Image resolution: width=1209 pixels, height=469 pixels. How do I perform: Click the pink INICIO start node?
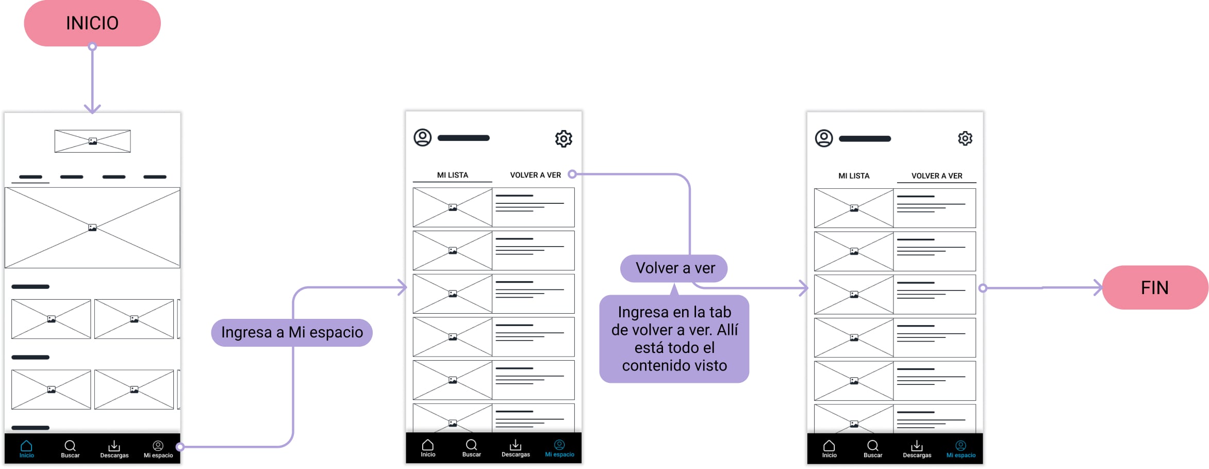[x=92, y=23]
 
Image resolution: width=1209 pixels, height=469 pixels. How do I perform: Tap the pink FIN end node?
[x=1154, y=287]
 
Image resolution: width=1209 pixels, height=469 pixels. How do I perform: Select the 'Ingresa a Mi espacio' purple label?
[x=292, y=332]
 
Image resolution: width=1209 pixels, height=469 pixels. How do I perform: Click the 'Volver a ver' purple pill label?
[x=675, y=268]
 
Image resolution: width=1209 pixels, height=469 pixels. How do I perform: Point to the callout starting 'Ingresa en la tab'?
[x=674, y=338]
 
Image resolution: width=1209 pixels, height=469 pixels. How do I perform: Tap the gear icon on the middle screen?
[x=564, y=139]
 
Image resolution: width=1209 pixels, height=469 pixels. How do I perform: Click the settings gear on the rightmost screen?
[x=965, y=138]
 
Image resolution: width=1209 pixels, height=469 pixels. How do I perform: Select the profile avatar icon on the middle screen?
[x=423, y=138]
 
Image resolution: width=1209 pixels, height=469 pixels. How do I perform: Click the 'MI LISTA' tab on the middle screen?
[x=453, y=175]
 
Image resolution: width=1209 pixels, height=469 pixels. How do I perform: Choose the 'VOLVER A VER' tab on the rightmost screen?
[x=937, y=175]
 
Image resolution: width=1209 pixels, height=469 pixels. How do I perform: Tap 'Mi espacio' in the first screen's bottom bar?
[x=158, y=449]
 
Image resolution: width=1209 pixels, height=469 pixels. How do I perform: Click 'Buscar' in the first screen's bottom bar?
[x=70, y=449]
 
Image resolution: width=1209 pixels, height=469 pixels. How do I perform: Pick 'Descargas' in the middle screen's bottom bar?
[x=516, y=448]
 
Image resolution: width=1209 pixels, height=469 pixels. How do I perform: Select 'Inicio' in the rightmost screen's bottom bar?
[x=829, y=449]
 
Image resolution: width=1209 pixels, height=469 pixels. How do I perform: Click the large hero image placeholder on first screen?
[x=92, y=228]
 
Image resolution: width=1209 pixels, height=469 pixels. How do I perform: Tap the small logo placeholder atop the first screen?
[x=92, y=141]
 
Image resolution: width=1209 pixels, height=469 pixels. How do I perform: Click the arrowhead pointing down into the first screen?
[x=92, y=109]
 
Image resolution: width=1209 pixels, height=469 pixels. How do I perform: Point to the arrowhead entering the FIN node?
[x=1098, y=287]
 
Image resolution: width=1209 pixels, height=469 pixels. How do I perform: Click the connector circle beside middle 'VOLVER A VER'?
[x=572, y=174]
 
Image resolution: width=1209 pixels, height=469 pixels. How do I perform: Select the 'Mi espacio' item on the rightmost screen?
[x=961, y=449]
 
